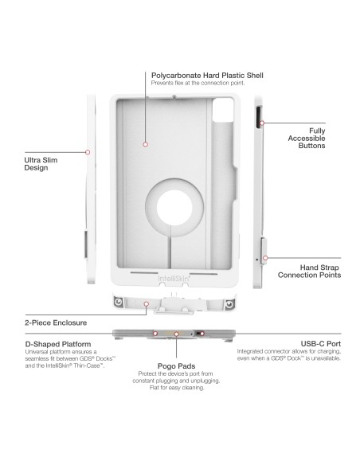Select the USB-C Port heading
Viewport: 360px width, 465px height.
[320, 343]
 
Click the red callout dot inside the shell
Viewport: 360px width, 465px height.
[145, 144]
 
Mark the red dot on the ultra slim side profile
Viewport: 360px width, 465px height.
[88, 150]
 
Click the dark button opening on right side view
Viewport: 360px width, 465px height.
[257, 119]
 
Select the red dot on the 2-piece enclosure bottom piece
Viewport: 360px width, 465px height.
[167, 303]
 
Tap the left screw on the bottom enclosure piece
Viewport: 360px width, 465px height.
[120, 303]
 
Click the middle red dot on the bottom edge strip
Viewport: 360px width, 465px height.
[176, 333]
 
